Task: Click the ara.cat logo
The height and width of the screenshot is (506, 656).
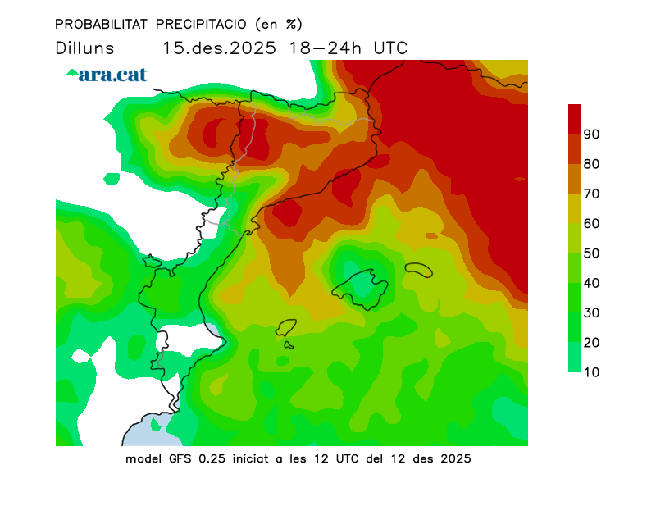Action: click(x=107, y=74)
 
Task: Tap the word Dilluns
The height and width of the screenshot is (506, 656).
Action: click(x=84, y=48)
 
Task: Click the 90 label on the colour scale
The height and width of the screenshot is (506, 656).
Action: click(x=592, y=134)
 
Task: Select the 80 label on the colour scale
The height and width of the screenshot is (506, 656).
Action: click(x=592, y=164)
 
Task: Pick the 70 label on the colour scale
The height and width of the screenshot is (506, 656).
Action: click(x=592, y=194)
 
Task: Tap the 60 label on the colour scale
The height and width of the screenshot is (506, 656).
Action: click(x=592, y=223)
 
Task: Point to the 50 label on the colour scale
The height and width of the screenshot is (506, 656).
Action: click(x=592, y=253)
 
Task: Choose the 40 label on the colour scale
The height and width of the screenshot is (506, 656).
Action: click(x=592, y=283)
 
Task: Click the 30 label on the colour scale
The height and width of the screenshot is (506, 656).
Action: click(x=592, y=312)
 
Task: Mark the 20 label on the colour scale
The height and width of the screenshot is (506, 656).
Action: click(x=592, y=342)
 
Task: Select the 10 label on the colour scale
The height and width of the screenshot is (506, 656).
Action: click(x=592, y=372)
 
